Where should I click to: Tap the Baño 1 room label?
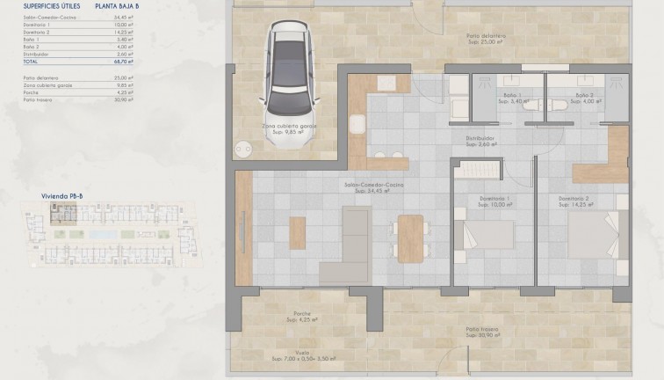point(513,95)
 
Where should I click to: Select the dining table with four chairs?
point(410,237)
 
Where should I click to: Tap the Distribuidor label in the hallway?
point(481,138)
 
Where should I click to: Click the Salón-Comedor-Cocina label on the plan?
point(374,184)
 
